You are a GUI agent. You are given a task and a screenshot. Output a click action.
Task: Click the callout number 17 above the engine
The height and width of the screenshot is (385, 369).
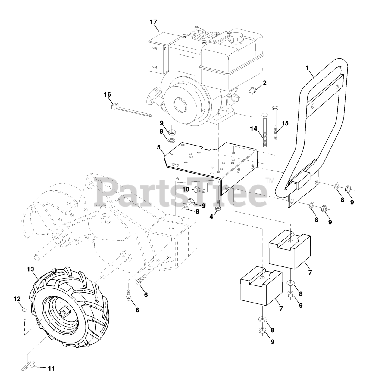point(153,22)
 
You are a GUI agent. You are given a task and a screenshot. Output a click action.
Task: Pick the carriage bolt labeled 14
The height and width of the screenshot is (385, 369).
point(264,129)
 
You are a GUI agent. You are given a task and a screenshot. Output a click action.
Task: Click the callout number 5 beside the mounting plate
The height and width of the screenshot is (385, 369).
point(159,147)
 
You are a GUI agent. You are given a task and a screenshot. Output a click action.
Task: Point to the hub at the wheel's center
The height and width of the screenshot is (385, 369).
point(64,312)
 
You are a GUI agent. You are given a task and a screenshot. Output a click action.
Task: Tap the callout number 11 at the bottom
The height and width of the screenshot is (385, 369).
point(52,368)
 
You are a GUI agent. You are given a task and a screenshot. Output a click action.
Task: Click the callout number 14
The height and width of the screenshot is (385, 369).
point(254,128)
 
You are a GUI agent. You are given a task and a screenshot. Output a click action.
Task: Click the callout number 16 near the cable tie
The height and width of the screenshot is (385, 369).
point(107,94)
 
